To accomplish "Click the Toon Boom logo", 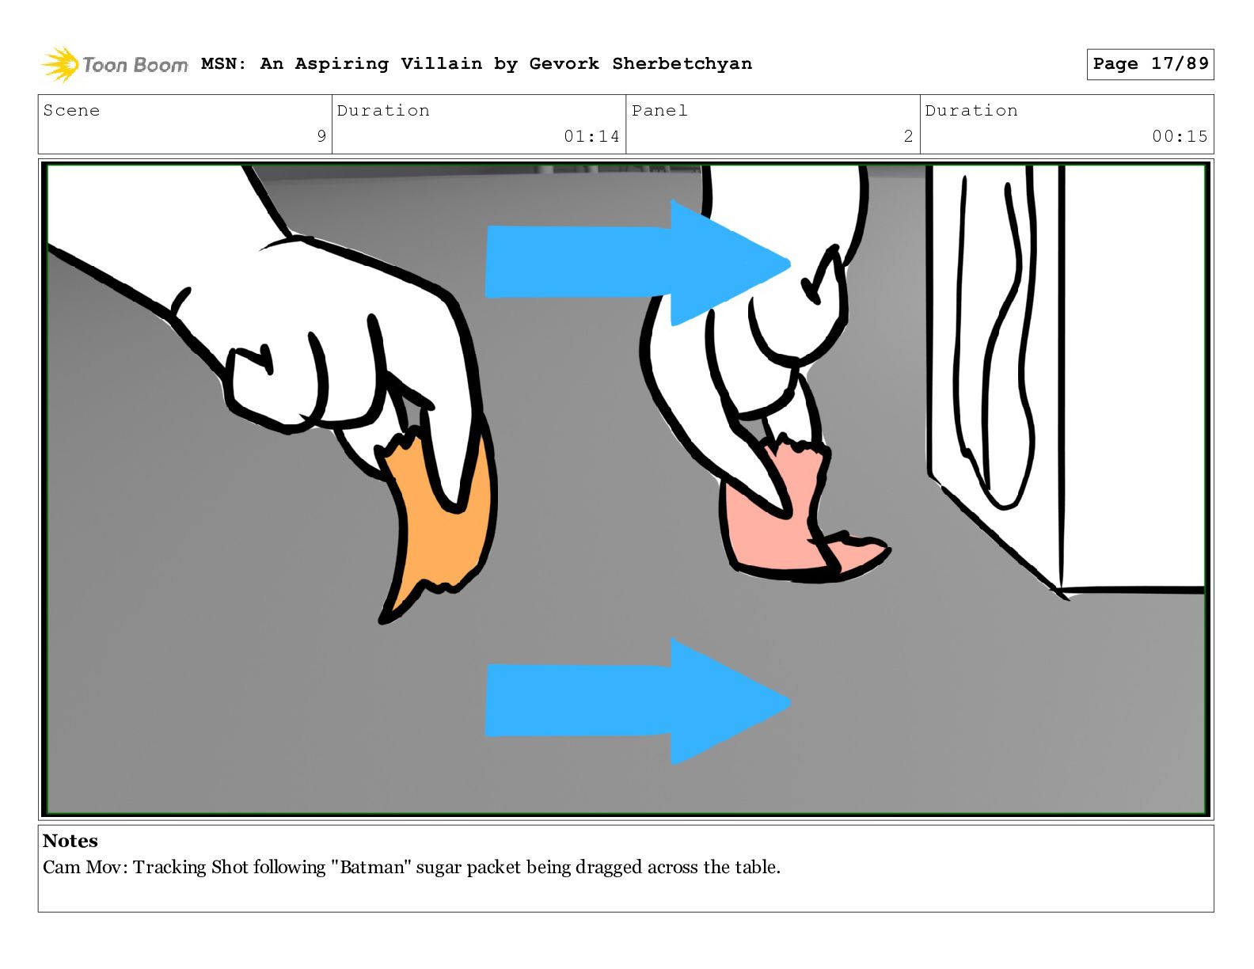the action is coord(115,64).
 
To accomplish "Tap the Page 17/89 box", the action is coord(1150,64).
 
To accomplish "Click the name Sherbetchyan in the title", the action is coord(682,63).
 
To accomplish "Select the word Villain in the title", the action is coord(442,63).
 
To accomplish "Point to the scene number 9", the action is coord(321,136).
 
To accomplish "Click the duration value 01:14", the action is coord(591,136).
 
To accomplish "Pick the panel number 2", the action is coord(908,136).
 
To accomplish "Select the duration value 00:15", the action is coord(1180,136).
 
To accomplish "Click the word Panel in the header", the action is coord(659,110).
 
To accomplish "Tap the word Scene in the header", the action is coord(71,110).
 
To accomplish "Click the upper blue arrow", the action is coord(637,263).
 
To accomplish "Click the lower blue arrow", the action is coord(637,701).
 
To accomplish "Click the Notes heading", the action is coord(70,841).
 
